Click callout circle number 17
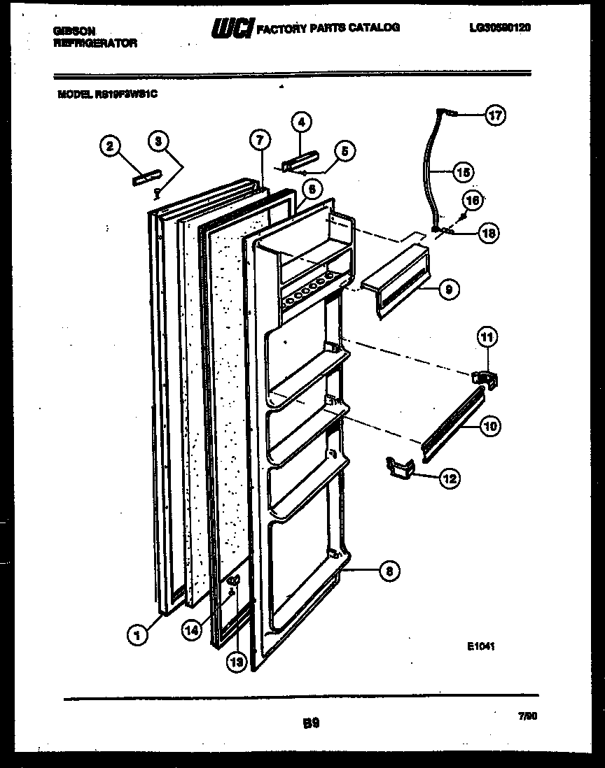pos(496,115)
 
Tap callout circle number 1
pos(137,635)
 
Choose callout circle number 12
pos(448,479)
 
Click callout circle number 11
pos(487,337)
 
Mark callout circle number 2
pos(109,146)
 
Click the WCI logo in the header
pos(232,28)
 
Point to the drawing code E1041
pos(483,647)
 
